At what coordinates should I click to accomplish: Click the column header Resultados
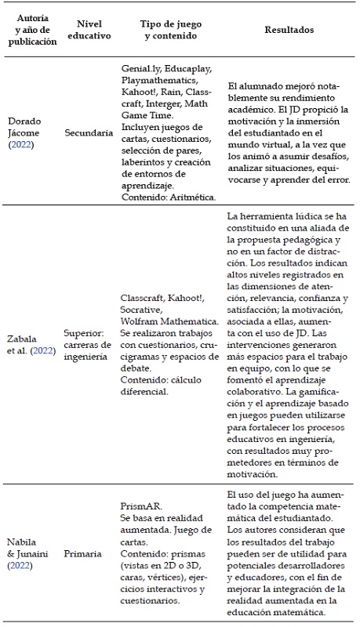[285, 30]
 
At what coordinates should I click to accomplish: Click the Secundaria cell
[86, 133]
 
